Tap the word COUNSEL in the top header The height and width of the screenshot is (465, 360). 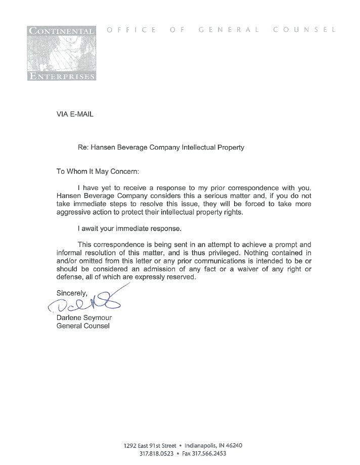pos(304,30)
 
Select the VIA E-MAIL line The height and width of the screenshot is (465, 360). pos(75,114)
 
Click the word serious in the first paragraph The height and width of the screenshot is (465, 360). pos(210,196)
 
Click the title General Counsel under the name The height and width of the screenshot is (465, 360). pos(83,326)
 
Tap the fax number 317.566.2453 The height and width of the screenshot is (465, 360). pos(208,453)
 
